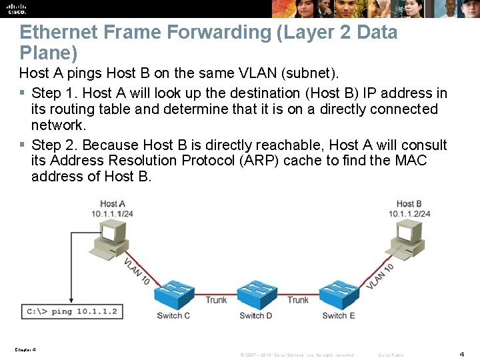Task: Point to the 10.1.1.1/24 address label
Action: [113, 213]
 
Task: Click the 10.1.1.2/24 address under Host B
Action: [409, 213]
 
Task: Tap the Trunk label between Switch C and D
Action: [216, 300]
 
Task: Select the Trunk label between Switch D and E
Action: [298, 300]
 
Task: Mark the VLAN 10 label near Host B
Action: [380, 276]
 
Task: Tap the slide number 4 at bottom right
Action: [462, 354]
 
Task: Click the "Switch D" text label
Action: [256, 316]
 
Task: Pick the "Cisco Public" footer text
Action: [391, 355]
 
